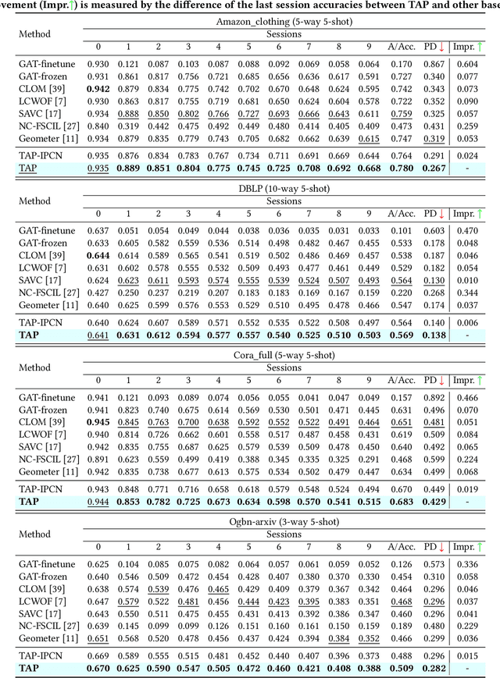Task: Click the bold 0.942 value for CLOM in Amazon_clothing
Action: (x=98, y=90)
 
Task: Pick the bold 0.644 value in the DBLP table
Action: (x=98, y=256)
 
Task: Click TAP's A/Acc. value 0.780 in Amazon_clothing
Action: (x=401, y=168)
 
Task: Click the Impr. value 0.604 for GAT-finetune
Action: (x=467, y=64)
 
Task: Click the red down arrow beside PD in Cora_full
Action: (x=441, y=380)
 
